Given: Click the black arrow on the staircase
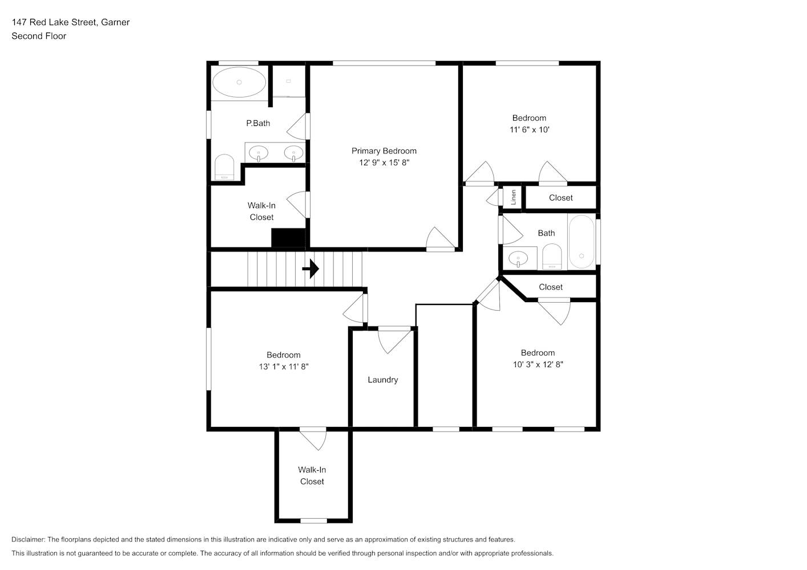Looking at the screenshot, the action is click(310, 269).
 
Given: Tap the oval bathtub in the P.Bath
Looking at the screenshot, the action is click(239, 82).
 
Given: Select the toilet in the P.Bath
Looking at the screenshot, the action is click(224, 167).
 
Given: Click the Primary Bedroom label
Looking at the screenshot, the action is click(384, 151).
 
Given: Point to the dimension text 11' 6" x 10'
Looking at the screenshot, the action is click(529, 129).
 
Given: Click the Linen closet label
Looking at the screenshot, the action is click(514, 197).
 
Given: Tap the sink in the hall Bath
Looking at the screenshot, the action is click(518, 258).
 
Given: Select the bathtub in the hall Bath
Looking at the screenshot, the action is click(582, 242).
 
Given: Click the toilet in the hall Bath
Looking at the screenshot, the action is click(552, 256).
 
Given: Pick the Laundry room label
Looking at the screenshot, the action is click(383, 380).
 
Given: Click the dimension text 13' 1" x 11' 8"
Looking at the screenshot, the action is click(284, 367).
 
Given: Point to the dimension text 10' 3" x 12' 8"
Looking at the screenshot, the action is click(538, 364).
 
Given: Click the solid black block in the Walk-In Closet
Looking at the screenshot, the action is click(288, 238).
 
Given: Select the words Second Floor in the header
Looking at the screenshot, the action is click(39, 36).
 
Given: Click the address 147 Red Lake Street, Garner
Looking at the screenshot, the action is click(71, 22).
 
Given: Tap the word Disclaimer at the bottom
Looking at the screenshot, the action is click(29, 539).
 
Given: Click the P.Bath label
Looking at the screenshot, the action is click(258, 123).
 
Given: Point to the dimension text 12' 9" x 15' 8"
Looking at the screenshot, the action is click(384, 162).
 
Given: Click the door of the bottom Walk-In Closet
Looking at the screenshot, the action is click(313, 439).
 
